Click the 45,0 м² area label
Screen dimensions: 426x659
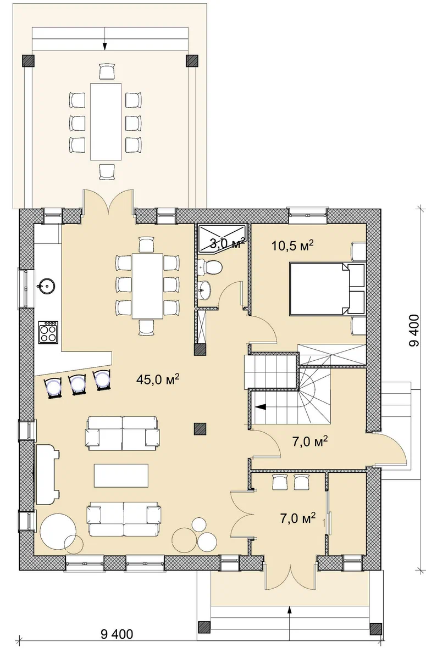[158, 379]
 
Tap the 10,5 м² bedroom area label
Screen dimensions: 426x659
[292, 245]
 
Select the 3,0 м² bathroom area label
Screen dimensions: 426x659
[228, 243]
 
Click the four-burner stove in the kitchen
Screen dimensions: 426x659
[48, 332]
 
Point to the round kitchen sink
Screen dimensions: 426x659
[46, 286]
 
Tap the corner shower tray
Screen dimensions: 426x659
[222, 239]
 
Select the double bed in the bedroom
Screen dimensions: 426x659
[328, 289]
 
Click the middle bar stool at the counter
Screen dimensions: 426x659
[78, 384]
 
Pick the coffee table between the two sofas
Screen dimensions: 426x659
[121, 476]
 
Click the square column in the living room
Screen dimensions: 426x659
[200, 429]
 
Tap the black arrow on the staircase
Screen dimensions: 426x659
[261, 407]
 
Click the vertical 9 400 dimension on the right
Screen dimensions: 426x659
[414, 331]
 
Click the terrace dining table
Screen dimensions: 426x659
[106, 122]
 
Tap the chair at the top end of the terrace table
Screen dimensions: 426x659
[107, 71]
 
